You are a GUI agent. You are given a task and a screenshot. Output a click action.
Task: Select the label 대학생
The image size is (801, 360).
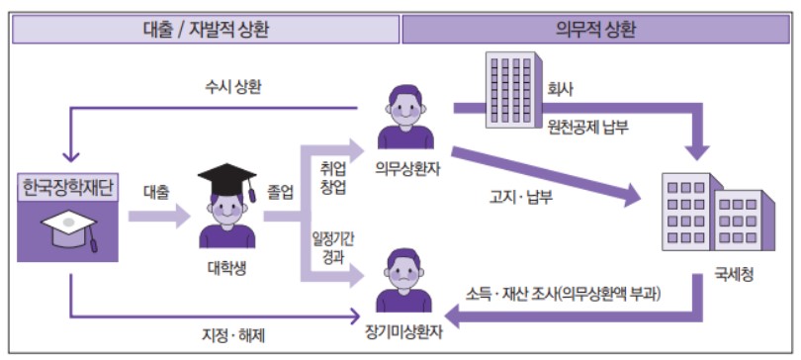point(226,265)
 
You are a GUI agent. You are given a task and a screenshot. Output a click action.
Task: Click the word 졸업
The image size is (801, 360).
point(281,192)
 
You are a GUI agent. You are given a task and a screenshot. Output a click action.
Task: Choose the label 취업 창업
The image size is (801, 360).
point(333,178)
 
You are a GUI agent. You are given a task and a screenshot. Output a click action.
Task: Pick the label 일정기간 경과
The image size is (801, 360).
point(333,248)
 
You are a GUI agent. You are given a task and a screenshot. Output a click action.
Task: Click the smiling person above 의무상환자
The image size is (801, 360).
point(406,117)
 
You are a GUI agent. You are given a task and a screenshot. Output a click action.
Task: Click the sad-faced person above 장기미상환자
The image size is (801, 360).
point(406,280)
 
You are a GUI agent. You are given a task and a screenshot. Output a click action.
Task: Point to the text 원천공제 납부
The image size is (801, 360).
point(593,126)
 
